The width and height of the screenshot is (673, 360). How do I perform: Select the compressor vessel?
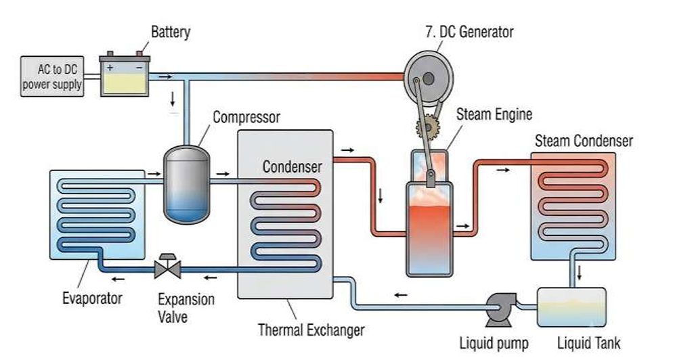pos(187,185)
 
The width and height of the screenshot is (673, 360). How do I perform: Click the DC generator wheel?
pos(429,78)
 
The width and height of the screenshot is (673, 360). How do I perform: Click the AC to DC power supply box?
pos(52,76)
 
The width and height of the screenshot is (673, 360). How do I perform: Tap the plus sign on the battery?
pos(110,68)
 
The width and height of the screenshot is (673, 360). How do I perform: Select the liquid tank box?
pos(571,308)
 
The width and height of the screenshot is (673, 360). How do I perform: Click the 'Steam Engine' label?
pos(494,114)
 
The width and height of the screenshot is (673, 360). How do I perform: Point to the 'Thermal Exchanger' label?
pos(311,330)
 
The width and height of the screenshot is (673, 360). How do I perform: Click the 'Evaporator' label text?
pos(92,298)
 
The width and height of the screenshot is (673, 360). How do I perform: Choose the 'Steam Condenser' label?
pos(584,141)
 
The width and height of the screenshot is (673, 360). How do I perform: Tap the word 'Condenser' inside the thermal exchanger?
pos(292,166)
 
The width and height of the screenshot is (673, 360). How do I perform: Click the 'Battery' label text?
pos(171,32)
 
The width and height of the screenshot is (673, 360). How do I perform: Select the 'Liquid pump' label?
pos(494,343)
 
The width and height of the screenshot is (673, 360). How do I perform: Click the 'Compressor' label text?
pos(246,117)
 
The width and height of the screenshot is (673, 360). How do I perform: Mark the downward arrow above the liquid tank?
pos(579,273)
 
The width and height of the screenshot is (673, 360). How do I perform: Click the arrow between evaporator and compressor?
pos(153,174)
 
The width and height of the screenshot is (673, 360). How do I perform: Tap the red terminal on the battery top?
pos(139,53)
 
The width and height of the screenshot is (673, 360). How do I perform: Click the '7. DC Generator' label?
pos(470,32)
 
